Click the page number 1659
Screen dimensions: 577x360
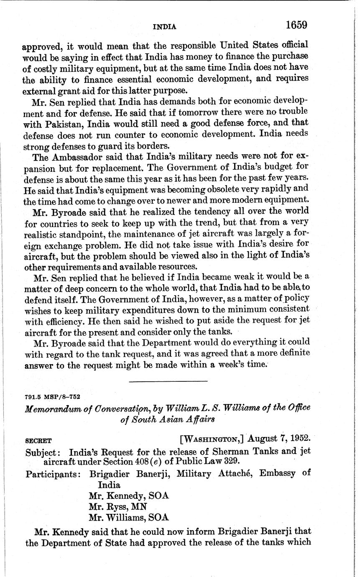pyautogui.click(x=296, y=25)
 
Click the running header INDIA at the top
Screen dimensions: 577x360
pyautogui.click(x=164, y=27)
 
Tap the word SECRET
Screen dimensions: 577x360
pyautogui.click(x=38, y=441)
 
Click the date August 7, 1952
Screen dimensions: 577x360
pyautogui.click(x=279, y=439)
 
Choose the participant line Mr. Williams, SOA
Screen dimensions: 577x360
pyautogui.click(x=128, y=518)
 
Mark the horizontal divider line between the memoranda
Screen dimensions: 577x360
pyautogui.click(x=168, y=381)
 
